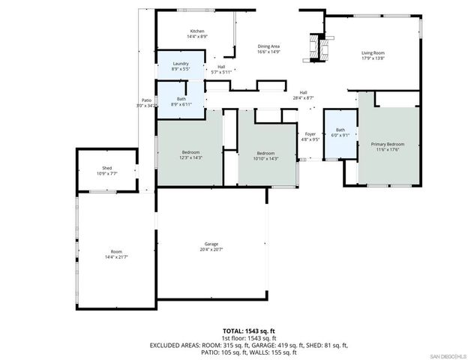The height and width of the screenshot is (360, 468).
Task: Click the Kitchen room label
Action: point(197,31)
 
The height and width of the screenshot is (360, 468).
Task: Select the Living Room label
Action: point(373,52)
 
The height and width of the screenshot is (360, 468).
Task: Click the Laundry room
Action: point(180,66)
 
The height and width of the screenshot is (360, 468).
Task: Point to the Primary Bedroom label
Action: point(388,144)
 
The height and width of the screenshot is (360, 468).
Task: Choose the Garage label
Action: point(211,244)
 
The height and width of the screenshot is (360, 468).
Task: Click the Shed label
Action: point(106,168)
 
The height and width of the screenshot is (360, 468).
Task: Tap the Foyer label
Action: point(310,134)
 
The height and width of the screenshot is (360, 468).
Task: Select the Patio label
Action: point(147,100)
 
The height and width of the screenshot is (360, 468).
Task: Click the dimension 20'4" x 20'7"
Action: point(211,250)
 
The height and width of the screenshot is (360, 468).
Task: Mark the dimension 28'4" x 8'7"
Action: point(303,97)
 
